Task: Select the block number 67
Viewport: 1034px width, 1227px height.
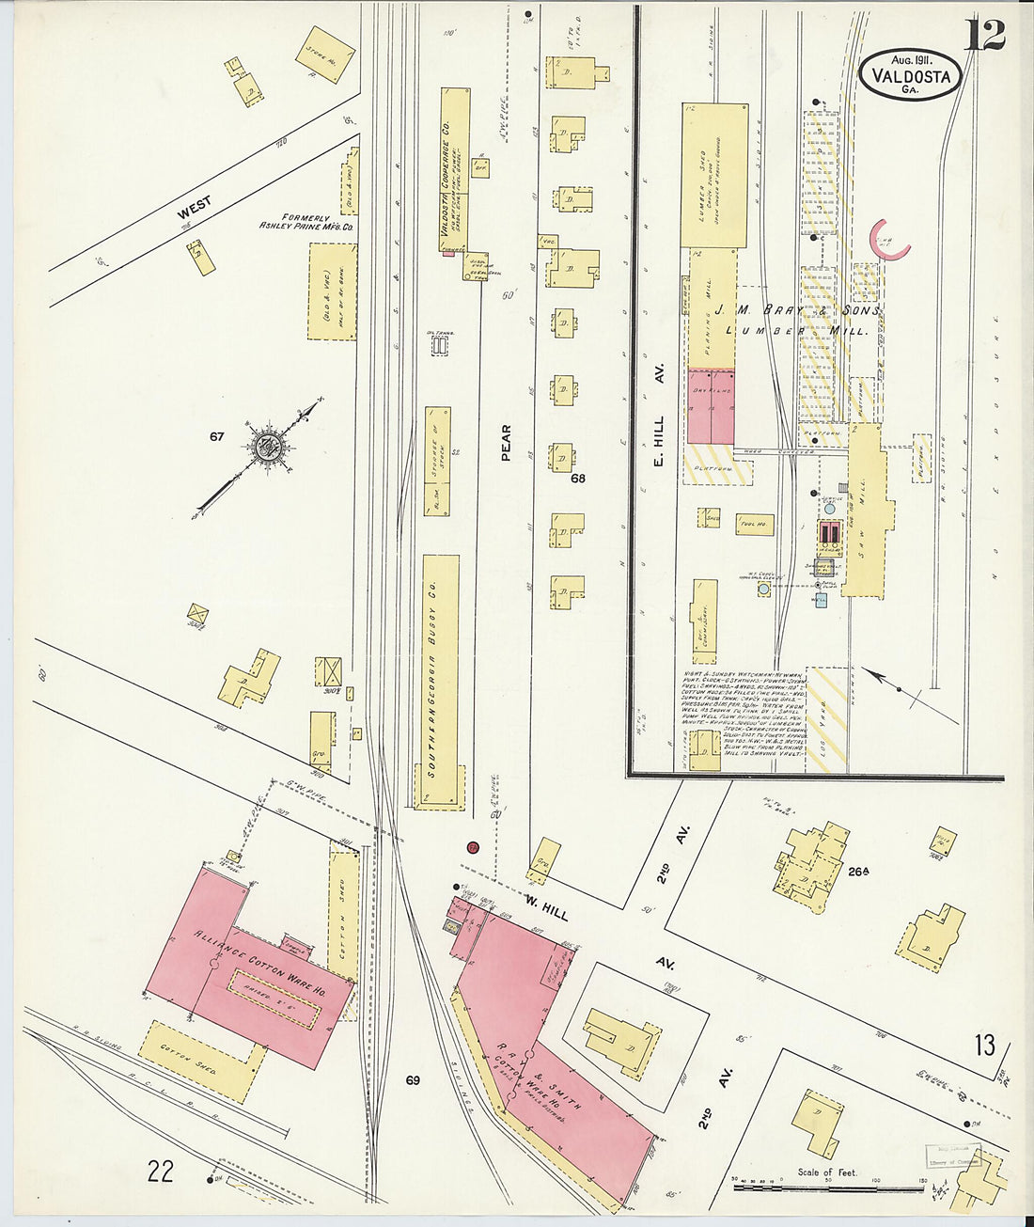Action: (217, 436)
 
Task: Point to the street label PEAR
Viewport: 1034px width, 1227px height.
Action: (506, 442)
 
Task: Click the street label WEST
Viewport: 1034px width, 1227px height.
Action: (195, 207)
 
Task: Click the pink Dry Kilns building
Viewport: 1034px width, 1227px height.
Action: (712, 405)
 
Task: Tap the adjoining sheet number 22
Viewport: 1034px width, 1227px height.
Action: (161, 1171)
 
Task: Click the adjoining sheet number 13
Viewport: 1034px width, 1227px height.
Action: (984, 1045)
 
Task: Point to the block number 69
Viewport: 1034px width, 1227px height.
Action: (413, 1079)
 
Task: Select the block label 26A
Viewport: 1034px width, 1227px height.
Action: (857, 872)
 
